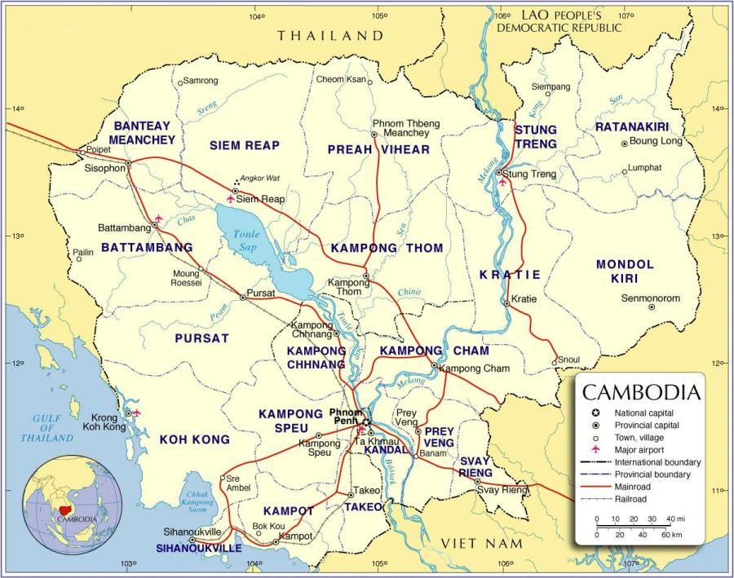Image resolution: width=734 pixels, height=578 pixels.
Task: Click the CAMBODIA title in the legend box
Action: coord(640,392)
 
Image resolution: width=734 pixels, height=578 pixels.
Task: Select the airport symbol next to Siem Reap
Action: coord(231,198)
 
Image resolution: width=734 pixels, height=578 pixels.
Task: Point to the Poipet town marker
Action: coord(80,151)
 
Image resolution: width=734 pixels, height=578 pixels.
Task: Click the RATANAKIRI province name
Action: coord(631,127)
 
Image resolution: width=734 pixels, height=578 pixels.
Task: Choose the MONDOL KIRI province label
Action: coord(625,271)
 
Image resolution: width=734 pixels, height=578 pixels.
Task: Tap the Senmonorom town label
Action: coord(650,298)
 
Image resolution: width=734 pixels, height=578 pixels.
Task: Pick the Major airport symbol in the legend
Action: coord(596,449)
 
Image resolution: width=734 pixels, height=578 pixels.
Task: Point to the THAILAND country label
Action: coord(329,35)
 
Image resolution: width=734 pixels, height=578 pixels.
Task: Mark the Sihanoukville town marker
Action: coord(192,540)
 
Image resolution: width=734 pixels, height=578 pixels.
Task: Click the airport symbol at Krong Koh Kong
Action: coord(136,413)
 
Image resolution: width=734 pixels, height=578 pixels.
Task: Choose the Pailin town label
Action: coord(84,253)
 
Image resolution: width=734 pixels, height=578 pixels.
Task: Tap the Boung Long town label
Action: coord(656,141)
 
